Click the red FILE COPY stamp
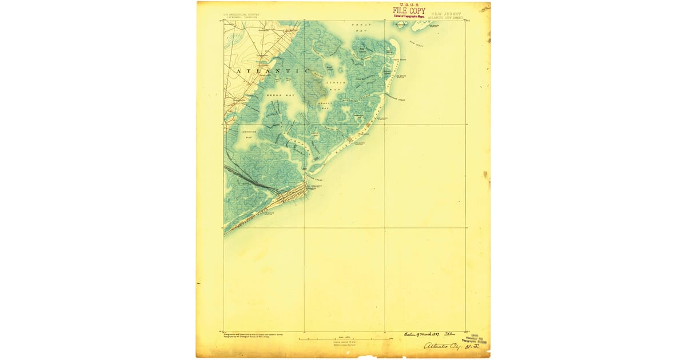point(409,11)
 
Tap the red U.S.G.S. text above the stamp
point(409,5)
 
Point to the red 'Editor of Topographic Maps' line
point(409,16)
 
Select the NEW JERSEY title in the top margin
point(446,14)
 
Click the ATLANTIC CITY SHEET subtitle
point(446,17)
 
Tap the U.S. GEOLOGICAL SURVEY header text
point(238,14)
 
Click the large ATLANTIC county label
point(264,70)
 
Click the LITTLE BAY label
point(334,86)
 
